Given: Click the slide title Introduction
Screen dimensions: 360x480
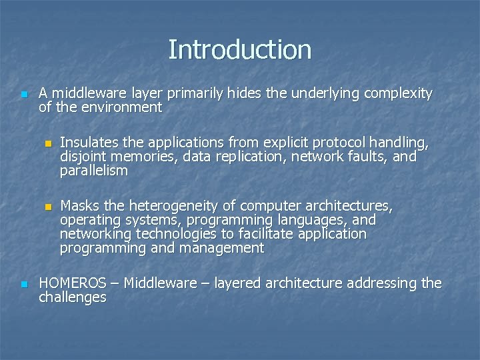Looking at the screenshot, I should coord(239,49).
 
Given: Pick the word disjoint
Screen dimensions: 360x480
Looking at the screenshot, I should coord(83,157).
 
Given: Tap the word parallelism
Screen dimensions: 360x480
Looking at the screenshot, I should coord(93,171).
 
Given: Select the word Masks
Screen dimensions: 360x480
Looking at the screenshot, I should coord(80,204).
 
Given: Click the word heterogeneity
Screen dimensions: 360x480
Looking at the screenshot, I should coord(176,204).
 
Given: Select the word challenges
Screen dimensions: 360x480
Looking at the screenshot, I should coord(73,297).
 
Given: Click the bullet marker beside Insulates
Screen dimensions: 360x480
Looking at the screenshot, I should coord(47,143).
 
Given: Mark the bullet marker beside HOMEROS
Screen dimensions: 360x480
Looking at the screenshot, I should coord(25,284).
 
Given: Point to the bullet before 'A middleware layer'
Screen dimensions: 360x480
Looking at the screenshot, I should coord(25,93).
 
